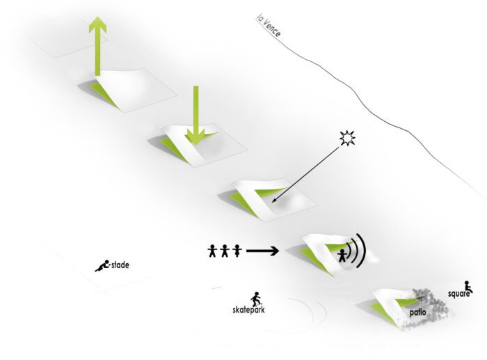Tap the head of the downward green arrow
195,137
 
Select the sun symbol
347,139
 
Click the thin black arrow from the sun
305,175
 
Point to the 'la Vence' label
269,26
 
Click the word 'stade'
120,265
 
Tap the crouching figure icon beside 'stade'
102,266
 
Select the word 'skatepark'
248,310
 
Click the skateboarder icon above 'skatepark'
256,299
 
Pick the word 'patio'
417,312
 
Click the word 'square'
458,294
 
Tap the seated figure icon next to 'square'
468,287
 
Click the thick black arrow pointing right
262,251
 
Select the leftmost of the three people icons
212,251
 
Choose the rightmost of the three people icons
237,251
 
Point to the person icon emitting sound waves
342,256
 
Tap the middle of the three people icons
225,251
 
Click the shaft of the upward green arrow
97,54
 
